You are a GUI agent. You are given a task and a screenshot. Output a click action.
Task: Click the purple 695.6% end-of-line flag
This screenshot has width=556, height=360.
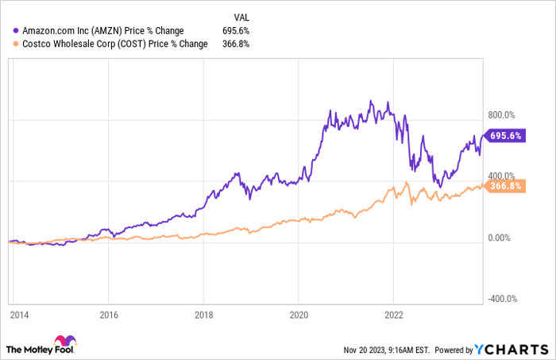point(505,135)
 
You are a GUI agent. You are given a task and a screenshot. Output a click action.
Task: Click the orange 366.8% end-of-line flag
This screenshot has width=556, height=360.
point(505,186)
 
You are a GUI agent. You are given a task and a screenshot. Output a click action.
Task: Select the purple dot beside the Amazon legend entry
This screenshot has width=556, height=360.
point(16,31)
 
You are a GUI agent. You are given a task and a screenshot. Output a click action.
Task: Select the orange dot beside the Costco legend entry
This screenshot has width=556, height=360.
point(16,44)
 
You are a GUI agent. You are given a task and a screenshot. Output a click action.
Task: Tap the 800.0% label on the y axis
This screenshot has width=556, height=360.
point(501,115)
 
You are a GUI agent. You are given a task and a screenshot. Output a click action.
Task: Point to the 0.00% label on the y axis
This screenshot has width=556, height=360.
point(500,238)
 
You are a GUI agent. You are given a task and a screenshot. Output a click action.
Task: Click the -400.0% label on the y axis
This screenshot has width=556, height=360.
point(503,299)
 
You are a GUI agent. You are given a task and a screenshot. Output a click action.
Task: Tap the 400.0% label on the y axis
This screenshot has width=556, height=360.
point(501,176)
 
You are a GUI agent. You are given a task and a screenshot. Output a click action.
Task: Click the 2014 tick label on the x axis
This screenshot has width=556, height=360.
point(19,315)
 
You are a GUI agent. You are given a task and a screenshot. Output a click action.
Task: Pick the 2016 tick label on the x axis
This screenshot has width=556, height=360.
point(109,315)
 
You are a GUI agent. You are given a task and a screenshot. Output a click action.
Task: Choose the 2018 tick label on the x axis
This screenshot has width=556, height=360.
point(204,315)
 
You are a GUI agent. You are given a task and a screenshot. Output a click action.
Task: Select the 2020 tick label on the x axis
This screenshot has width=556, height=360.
point(299,315)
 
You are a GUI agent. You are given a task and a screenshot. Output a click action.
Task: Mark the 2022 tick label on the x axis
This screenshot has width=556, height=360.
point(394,315)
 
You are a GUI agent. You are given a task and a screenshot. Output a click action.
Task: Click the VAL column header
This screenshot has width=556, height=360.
point(241,17)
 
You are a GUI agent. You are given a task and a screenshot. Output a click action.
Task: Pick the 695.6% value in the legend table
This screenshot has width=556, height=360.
point(236,31)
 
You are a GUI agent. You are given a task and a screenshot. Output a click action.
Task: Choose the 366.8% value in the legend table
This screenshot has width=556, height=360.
point(236,44)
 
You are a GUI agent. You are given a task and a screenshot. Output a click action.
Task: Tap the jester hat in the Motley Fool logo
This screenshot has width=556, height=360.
point(65,340)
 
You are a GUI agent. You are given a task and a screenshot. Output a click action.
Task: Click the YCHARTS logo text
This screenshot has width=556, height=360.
point(512,350)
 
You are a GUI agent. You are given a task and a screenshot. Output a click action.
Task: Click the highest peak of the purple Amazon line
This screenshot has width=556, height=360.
point(371,101)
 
